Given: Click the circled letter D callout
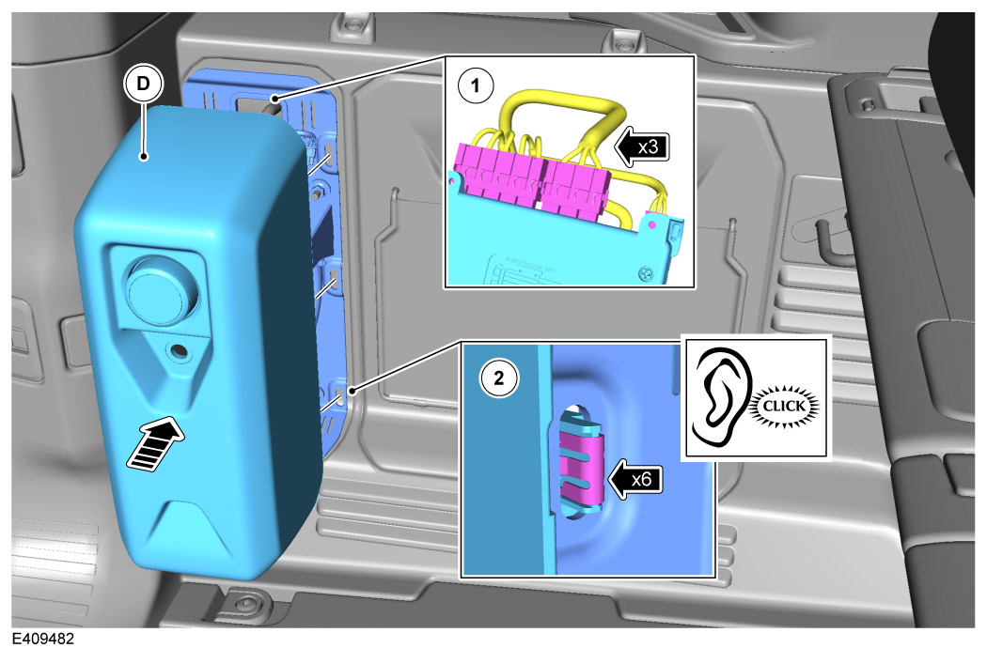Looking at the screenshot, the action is [x=144, y=84].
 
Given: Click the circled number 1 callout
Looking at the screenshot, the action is [x=476, y=85].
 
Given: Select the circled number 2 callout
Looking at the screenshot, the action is [x=499, y=378].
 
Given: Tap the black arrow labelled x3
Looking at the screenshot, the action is [x=640, y=147].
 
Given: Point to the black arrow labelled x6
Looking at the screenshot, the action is [x=634, y=479].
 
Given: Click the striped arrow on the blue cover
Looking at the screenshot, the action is [x=156, y=443].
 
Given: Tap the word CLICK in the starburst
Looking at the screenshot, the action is [x=784, y=407].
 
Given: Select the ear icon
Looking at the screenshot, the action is [x=722, y=396].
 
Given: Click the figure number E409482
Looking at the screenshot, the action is [x=43, y=639].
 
